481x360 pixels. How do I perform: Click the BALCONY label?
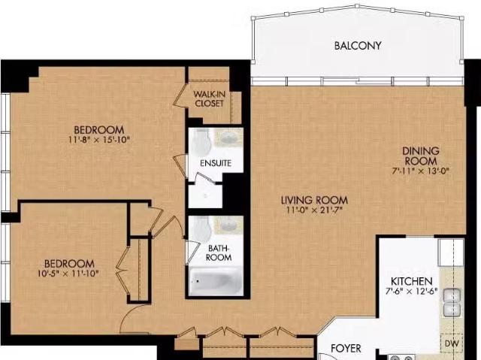pyautogui.click(x=358, y=46)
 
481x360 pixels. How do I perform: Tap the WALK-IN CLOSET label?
pyautogui.click(x=208, y=98)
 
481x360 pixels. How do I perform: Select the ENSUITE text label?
pyautogui.click(x=215, y=163)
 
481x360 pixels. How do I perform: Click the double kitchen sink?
pyautogui.click(x=452, y=302)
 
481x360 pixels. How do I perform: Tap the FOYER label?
pyautogui.click(x=346, y=349)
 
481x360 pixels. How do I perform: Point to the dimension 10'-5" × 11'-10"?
pyautogui.click(x=69, y=274)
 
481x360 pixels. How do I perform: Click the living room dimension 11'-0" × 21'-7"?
pyautogui.click(x=314, y=210)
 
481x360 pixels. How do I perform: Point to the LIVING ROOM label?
pyautogui.click(x=314, y=200)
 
